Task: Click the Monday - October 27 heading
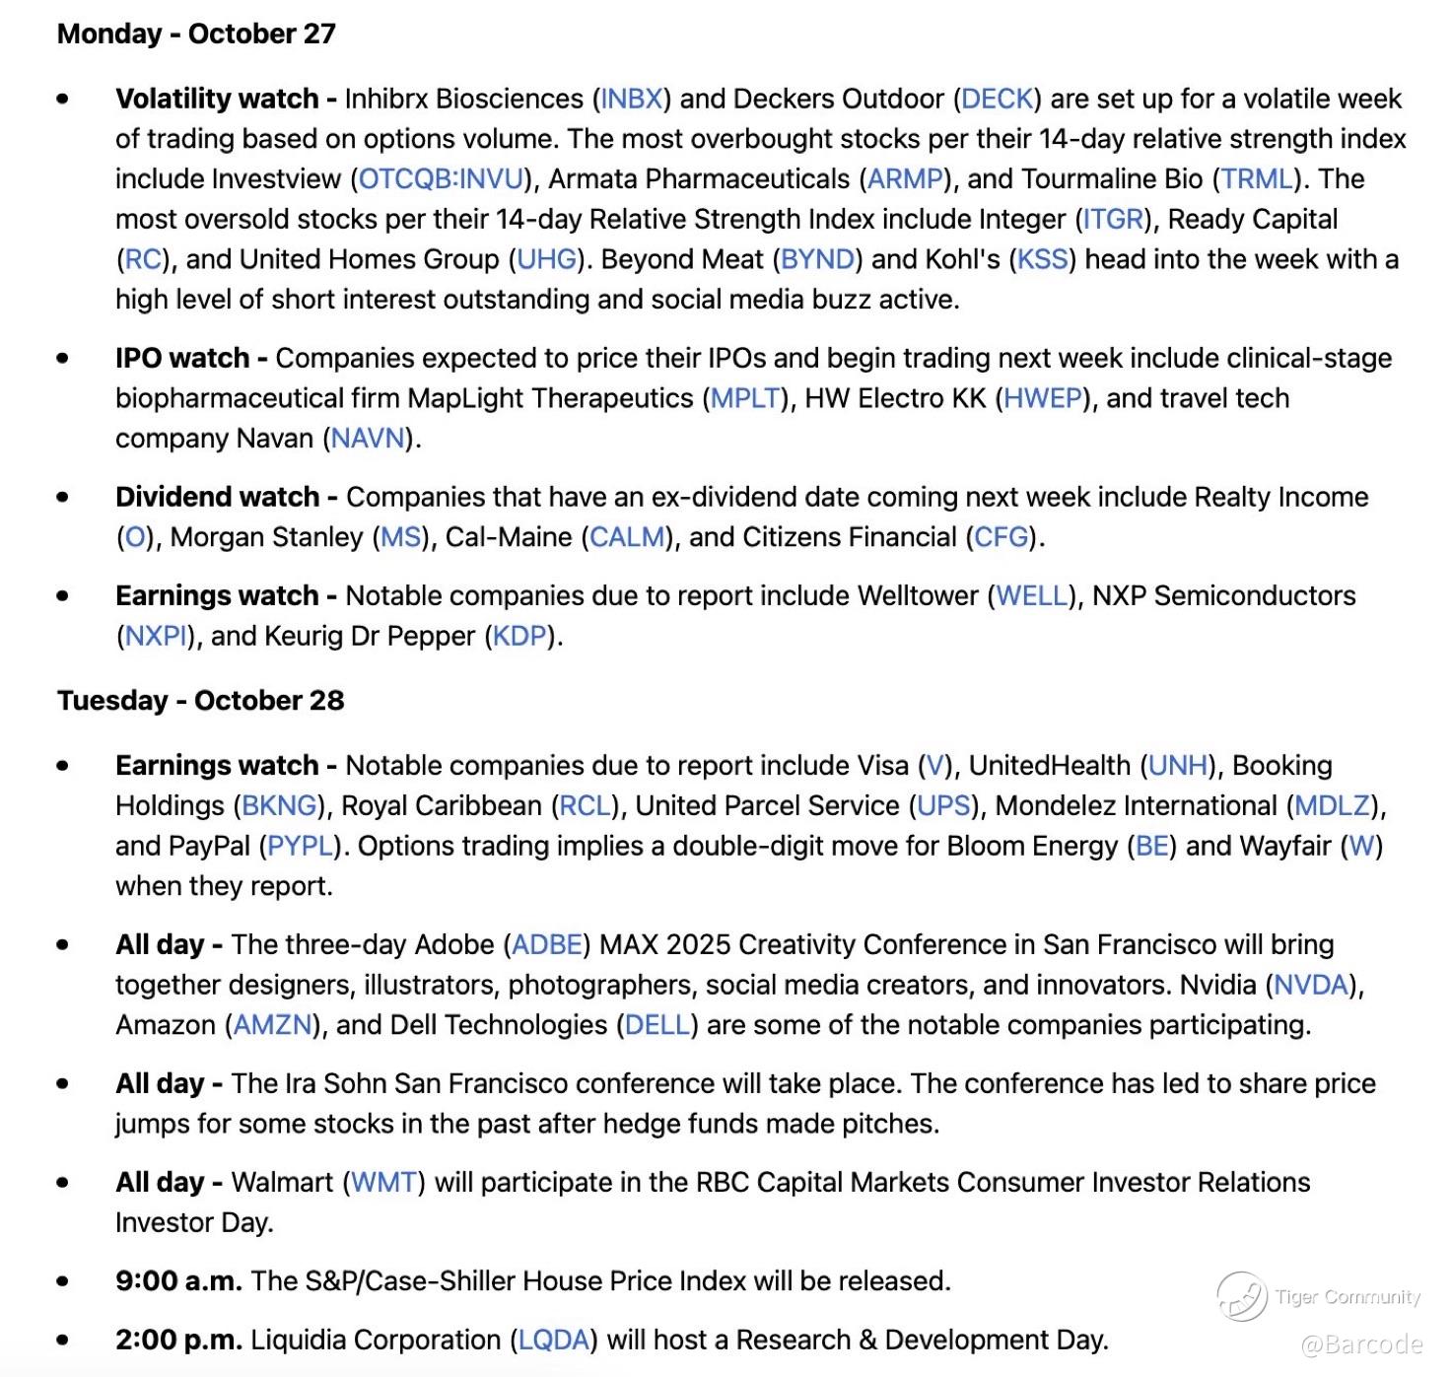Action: click(x=196, y=34)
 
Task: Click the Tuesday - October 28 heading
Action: click(x=200, y=701)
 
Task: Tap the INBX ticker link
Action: click(x=632, y=99)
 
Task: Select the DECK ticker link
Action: click(x=997, y=99)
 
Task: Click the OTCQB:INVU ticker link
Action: click(x=441, y=178)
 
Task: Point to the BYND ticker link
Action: click(x=817, y=259)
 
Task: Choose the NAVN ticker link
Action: click(x=368, y=438)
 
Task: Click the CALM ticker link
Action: click(x=627, y=537)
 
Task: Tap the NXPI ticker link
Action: click(x=156, y=636)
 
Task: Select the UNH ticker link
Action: click(x=1178, y=766)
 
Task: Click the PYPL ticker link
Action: click(x=301, y=846)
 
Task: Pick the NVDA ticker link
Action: click(x=1311, y=985)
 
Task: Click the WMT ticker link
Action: click(x=384, y=1182)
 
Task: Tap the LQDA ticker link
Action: click(x=553, y=1340)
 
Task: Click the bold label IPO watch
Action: click(x=182, y=358)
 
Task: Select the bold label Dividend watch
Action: click(x=218, y=497)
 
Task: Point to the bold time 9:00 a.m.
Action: click(x=178, y=1280)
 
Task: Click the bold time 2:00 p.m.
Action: click(x=178, y=1340)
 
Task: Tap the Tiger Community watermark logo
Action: click(x=1242, y=1296)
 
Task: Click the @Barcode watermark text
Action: click(x=1361, y=1344)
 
